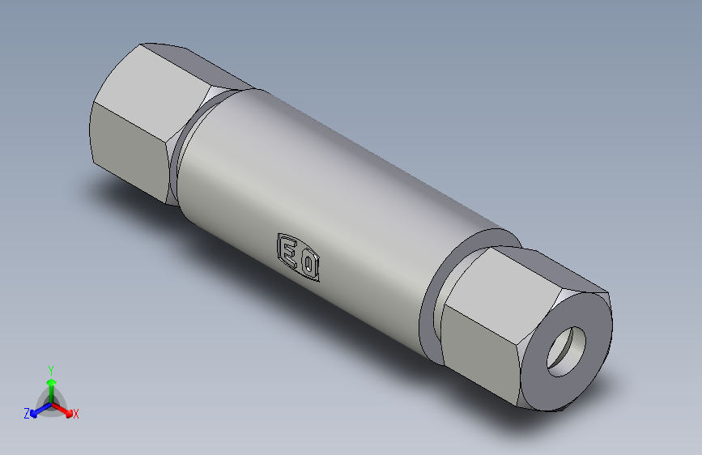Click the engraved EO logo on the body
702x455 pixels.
(x=299, y=257)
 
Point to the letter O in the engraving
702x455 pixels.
(x=308, y=265)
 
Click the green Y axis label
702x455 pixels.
(x=50, y=368)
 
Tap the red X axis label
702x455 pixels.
(x=76, y=415)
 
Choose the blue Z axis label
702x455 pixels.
(x=27, y=413)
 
